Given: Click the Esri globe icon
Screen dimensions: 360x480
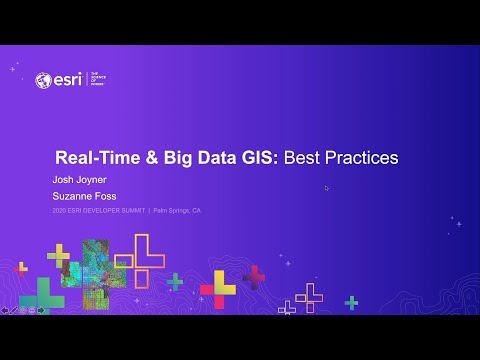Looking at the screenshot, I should pos(42,80).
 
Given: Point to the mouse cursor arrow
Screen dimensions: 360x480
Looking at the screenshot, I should pos(327,188).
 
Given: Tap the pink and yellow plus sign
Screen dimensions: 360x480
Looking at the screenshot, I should pos(217,288).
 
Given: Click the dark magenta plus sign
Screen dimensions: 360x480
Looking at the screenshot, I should pos(254,275).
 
